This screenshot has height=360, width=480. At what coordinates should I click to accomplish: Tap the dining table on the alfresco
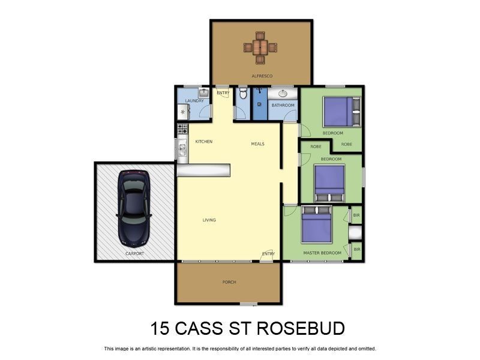[x=260, y=47]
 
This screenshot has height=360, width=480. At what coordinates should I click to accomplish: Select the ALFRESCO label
[x=261, y=76]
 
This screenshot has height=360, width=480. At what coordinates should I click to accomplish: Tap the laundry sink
[x=203, y=93]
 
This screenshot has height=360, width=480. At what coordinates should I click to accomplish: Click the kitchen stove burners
[x=182, y=128]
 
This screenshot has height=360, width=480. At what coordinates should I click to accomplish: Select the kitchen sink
[x=182, y=148]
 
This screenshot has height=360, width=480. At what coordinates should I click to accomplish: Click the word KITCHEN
[x=204, y=142]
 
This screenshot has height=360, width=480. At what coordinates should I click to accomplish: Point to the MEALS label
[x=257, y=144]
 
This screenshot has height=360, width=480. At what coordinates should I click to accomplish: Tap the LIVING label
[x=209, y=220]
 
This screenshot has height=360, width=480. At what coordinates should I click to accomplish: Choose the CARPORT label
[x=135, y=254]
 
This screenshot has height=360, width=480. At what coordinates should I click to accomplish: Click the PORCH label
[x=229, y=281]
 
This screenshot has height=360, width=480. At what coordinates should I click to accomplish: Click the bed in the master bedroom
[x=316, y=225]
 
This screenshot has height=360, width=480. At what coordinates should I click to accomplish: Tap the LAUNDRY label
[x=194, y=101]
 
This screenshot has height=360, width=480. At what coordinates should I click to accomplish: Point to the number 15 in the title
[x=160, y=329]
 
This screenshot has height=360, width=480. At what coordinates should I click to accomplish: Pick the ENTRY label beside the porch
[x=268, y=254]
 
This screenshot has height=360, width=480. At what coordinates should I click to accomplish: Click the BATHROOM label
[x=283, y=106]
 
